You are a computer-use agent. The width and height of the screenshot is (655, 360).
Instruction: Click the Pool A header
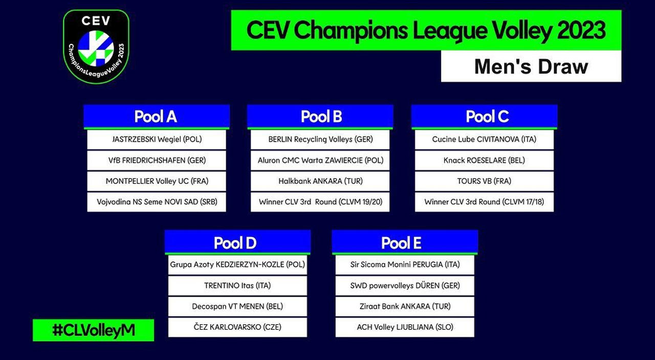point(157,117)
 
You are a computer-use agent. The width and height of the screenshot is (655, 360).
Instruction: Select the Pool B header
point(320,117)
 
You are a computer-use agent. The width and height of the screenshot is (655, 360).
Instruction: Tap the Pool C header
point(484,117)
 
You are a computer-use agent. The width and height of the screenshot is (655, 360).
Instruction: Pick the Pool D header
point(237,242)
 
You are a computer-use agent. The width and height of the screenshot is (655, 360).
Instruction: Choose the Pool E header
point(405,242)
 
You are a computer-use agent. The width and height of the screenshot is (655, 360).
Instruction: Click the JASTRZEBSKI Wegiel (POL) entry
point(157,140)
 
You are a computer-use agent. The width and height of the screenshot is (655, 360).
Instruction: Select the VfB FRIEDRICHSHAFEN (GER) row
point(157,161)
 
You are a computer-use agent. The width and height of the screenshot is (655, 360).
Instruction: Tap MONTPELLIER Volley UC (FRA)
point(157,181)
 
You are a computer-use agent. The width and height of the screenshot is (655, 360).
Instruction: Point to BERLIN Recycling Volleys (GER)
point(320,140)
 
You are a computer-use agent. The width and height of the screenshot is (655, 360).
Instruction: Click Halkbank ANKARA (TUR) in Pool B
point(320,181)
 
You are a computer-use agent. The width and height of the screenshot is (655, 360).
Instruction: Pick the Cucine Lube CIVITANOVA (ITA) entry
point(484,140)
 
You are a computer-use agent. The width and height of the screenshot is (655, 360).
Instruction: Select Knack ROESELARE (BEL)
point(484,161)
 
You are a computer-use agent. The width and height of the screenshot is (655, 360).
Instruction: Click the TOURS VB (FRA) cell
point(484,181)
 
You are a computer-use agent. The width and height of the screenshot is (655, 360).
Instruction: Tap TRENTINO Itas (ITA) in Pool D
point(237,285)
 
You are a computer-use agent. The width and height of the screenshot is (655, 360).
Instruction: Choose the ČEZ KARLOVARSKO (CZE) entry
point(237,327)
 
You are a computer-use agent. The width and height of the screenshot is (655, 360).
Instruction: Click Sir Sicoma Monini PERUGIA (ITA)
point(405,265)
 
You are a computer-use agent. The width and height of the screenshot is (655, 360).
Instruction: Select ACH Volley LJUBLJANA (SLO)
point(405,327)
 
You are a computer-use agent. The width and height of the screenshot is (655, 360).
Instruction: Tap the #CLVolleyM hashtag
point(93,330)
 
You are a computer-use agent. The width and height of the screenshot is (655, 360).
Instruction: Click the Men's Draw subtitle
point(531,66)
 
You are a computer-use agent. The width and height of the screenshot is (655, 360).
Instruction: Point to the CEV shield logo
point(96,47)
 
